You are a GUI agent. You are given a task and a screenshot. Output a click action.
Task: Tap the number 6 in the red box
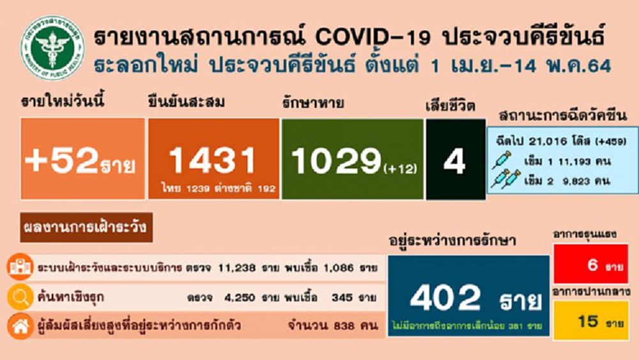(x=592, y=265)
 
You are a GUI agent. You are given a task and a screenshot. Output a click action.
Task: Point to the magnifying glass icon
(x=19, y=297)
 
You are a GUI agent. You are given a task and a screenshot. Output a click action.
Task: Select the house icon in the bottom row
(x=19, y=326)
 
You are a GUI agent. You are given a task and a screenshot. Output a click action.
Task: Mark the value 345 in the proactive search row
(x=340, y=298)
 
